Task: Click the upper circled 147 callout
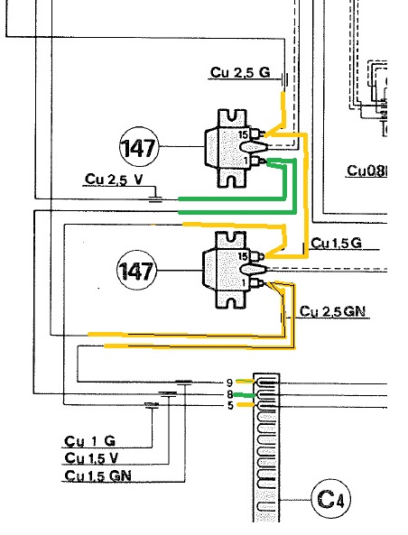tap(139, 147)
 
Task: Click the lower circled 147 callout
tap(137, 271)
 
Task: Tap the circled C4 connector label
tap(331, 499)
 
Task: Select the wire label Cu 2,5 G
tap(240, 73)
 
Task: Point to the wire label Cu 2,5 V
tap(114, 180)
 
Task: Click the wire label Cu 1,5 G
tap(336, 244)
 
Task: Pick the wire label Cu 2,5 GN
tap(332, 311)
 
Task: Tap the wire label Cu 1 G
tap(89, 441)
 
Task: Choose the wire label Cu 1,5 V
tap(91, 458)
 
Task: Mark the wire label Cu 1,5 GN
tap(98, 475)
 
